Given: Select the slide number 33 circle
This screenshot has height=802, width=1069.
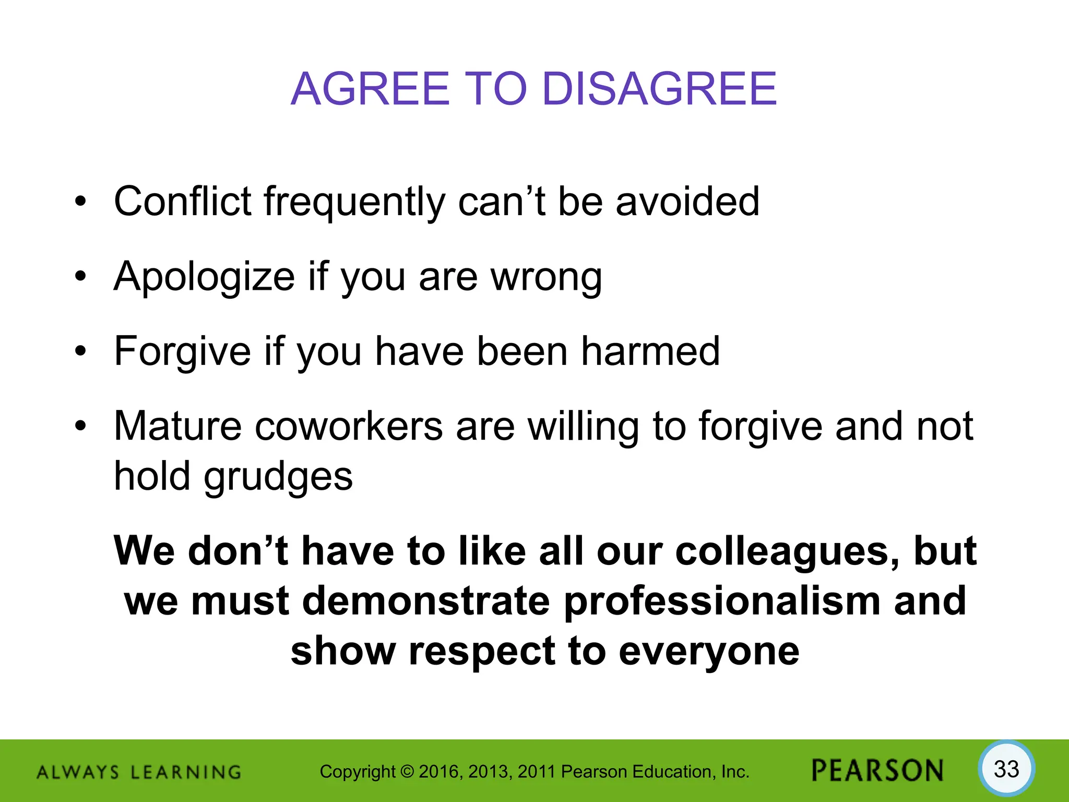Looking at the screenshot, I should pos(1006,770).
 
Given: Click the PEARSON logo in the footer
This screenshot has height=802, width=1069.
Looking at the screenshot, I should pos(877,771).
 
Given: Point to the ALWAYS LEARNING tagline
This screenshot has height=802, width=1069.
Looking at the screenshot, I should pos(139,772).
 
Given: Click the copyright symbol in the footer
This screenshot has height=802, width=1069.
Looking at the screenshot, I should pos(408,772).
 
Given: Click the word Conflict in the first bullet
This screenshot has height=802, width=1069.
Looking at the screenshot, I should pos(183,202).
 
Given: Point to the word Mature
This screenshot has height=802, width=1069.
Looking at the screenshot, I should pos(177,427).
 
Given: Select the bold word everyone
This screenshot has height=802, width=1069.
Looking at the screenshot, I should pos(709,652).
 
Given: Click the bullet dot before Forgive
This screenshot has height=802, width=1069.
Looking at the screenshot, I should pos(80,351).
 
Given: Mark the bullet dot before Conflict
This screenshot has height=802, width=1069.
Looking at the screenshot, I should pos(80,202).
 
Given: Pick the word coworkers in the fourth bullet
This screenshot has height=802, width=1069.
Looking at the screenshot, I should pos(349,427).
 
